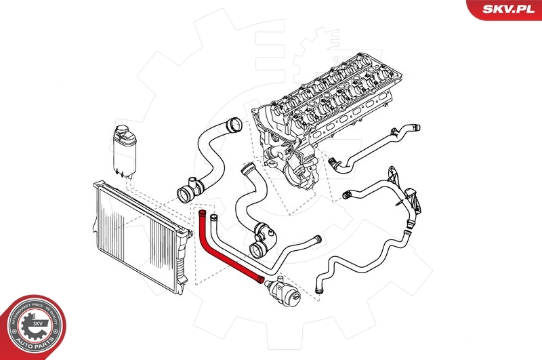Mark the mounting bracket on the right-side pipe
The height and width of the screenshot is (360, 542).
(411, 199)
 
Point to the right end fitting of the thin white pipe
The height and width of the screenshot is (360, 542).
(315, 238)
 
